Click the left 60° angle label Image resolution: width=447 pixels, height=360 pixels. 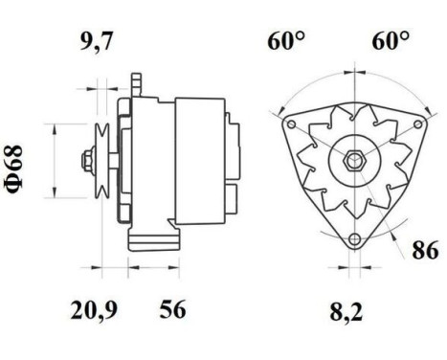[285, 41]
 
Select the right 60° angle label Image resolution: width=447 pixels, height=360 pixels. [390, 41]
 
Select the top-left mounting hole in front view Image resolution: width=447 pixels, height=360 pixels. [291, 124]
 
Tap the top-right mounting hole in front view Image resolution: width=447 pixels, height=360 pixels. [419, 124]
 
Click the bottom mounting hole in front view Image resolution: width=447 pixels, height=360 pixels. [355, 238]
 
